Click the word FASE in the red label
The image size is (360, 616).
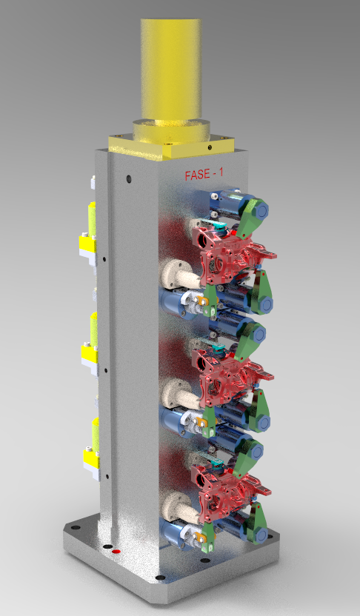[197, 175]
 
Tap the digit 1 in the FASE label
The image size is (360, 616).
[221, 174]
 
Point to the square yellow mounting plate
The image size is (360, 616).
[172, 146]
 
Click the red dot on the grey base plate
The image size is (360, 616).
[116, 551]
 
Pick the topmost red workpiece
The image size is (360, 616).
[231, 252]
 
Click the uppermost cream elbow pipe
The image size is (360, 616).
[179, 275]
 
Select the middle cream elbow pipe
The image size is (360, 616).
[179, 395]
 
